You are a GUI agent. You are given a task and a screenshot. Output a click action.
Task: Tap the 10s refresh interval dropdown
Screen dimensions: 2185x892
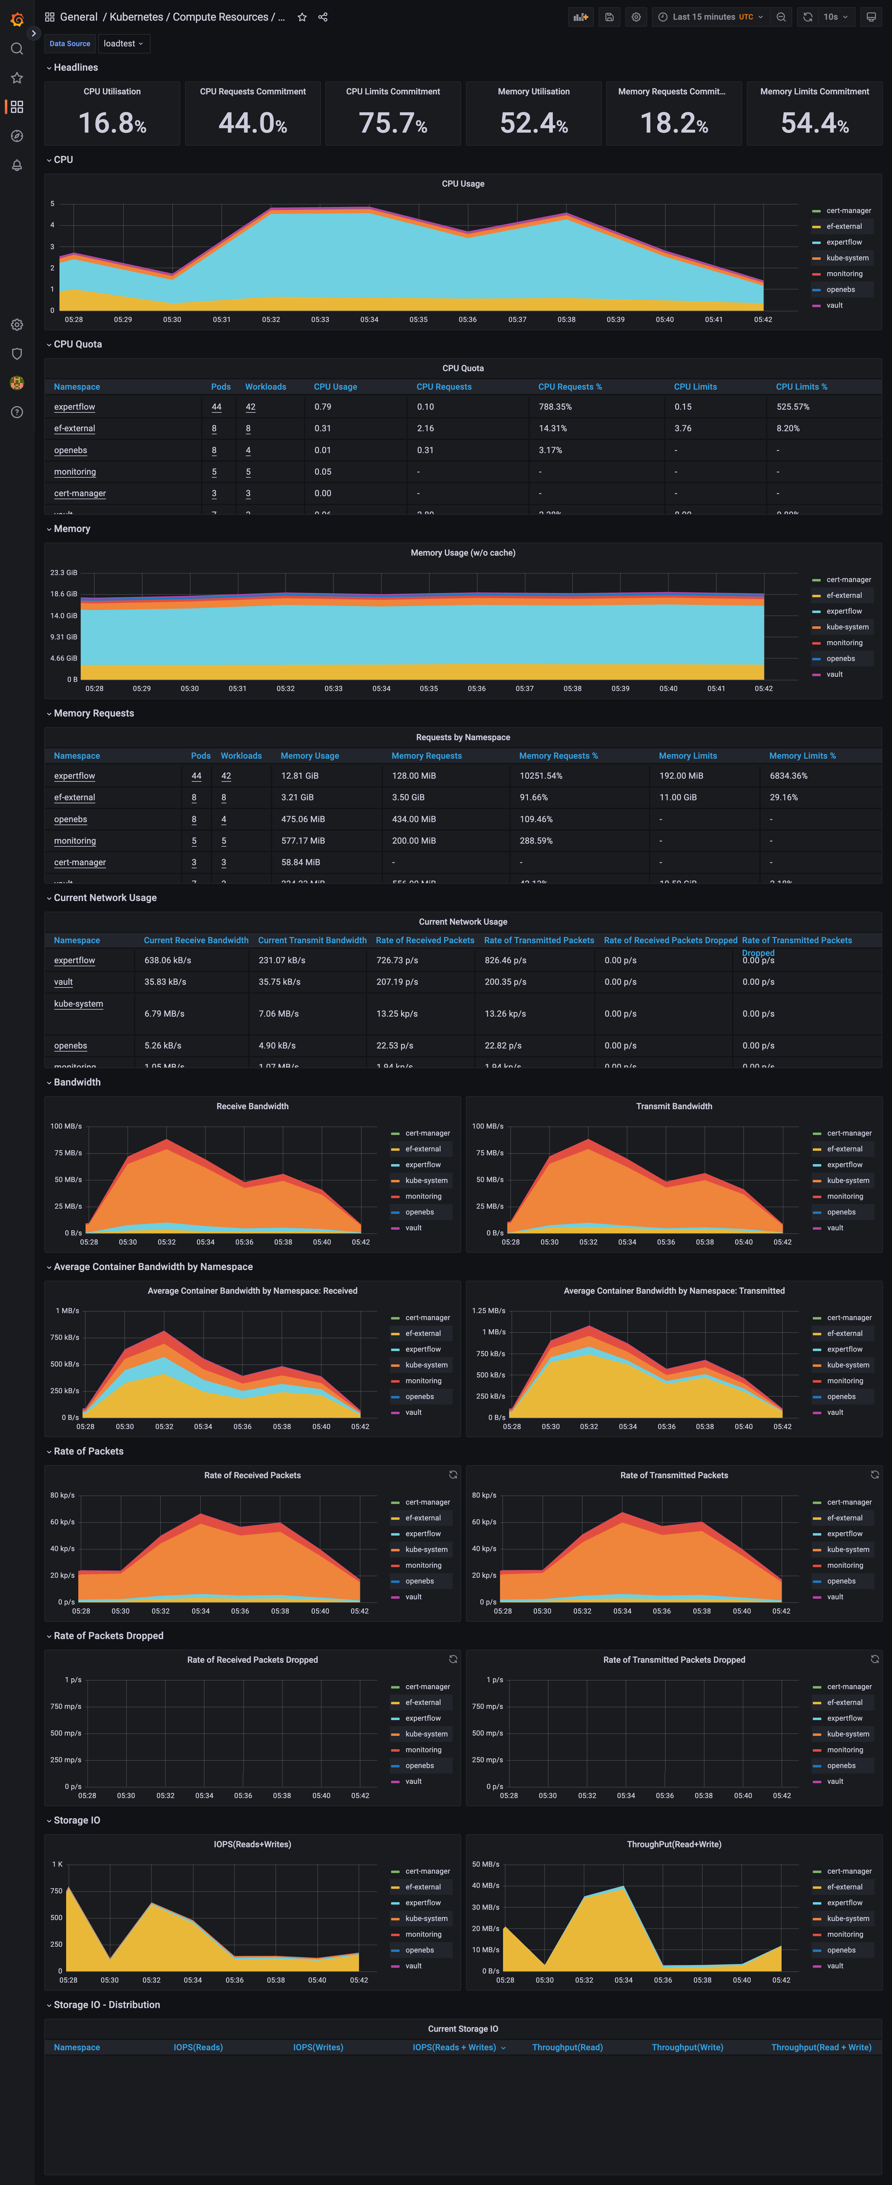tap(835, 17)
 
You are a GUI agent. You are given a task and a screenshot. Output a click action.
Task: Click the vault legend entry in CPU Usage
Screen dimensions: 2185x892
tap(834, 305)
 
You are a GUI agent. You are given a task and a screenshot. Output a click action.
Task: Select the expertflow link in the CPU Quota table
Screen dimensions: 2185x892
tap(75, 407)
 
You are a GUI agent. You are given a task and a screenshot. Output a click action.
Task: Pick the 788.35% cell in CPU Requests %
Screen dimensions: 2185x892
tap(556, 407)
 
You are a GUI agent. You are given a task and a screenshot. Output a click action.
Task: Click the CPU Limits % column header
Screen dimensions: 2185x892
tap(801, 387)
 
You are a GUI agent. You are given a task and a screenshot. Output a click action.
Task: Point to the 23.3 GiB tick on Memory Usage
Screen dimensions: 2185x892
tap(64, 573)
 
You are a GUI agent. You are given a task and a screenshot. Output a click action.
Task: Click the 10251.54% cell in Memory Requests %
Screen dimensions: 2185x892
tap(541, 776)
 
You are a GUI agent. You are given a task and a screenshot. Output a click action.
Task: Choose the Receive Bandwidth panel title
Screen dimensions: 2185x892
tap(253, 1106)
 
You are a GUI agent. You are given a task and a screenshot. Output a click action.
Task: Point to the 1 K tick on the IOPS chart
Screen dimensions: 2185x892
tap(58, 1864)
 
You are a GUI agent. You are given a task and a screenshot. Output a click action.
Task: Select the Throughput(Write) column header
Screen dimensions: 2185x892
tap(687, 2048)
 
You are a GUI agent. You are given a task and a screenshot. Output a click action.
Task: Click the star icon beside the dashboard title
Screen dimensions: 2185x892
tap(302, 17)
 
